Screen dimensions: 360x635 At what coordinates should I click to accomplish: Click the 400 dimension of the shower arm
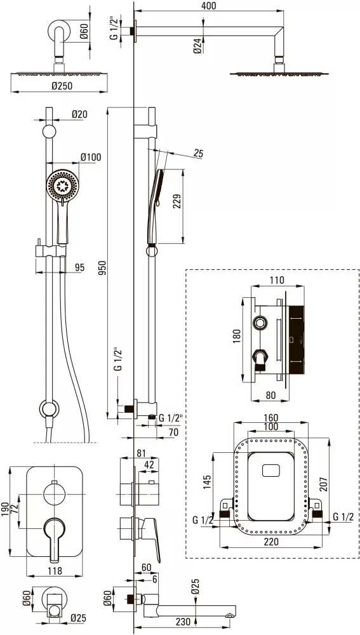point(208,6)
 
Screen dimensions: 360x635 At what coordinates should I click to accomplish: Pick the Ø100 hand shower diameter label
point(91,157)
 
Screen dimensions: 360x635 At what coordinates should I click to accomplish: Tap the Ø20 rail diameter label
point(79,114)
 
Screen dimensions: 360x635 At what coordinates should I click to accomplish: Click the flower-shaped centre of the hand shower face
point(63,186)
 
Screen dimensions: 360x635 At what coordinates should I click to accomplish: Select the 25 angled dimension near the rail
point(199,153)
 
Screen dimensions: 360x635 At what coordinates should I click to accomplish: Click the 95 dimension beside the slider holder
point(80,267)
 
